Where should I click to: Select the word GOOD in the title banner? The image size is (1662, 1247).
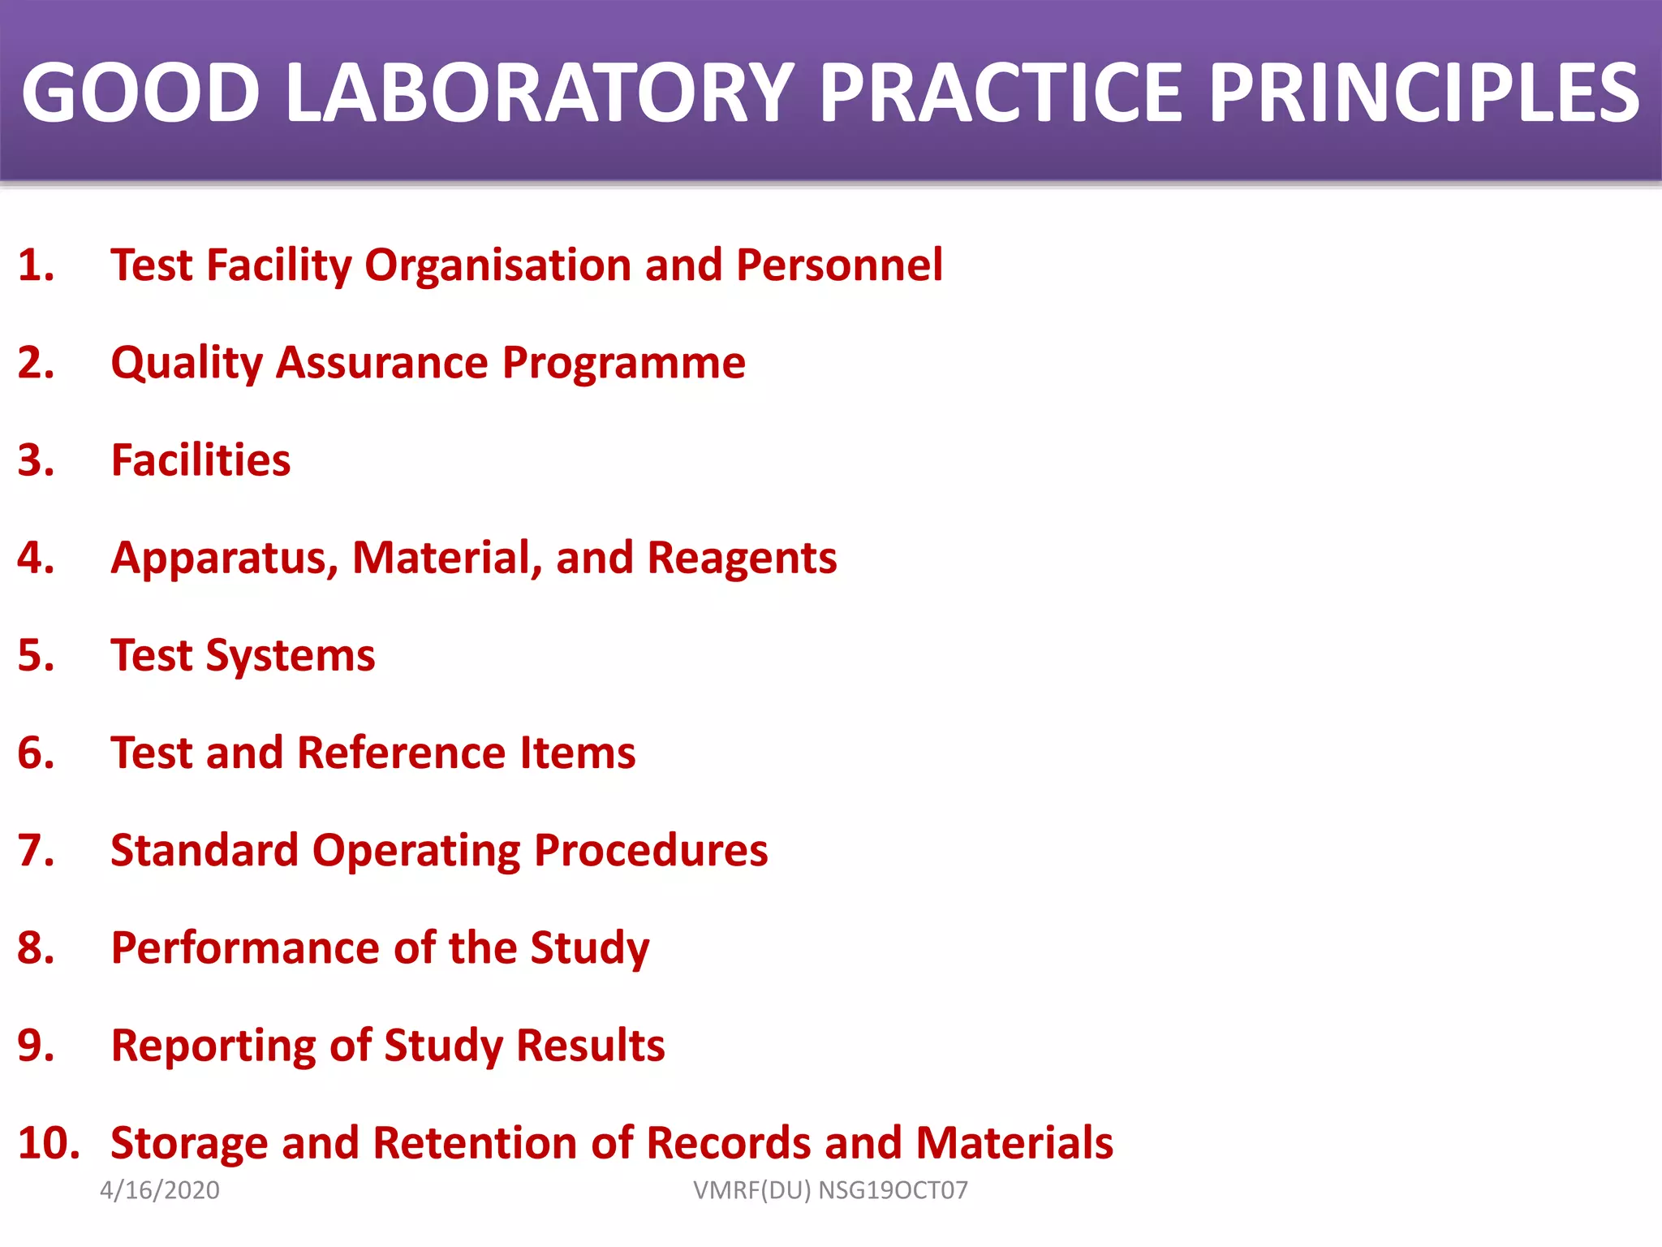[140, 93]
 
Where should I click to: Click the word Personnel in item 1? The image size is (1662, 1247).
[839, 265]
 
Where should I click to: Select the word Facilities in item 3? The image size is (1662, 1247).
[200, 461]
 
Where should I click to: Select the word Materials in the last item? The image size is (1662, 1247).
[1014, 1143]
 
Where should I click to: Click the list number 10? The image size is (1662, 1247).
[48, 1143]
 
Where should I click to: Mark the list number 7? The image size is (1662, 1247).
[36, 851]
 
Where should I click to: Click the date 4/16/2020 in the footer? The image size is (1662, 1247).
[160, 1190]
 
